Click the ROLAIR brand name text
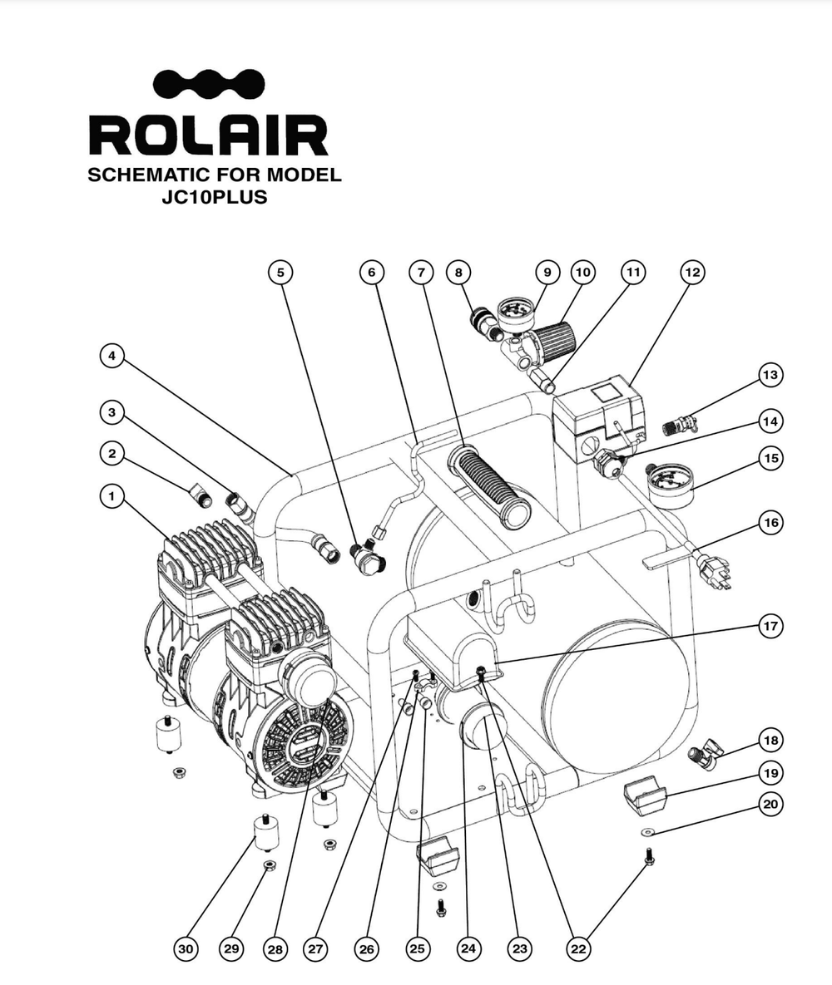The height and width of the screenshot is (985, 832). pyautogui.click(x=208, y=136)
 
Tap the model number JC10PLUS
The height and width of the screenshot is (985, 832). pyautogui.click(x=215, y=198)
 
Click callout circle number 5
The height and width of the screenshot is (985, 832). pyautogui.click(x=280, y=272)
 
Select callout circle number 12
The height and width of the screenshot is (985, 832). pyautogui.click(x=691, y=272)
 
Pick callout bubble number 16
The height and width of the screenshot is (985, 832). pyautogui.click(x=770, y=523)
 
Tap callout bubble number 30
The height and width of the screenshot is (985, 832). pyautogui.click(x=186, y=948)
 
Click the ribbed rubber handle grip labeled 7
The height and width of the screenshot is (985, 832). pyautogui.click(x=490, y=487)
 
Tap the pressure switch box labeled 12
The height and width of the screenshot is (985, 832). pyautogui.click(x=601, y=419)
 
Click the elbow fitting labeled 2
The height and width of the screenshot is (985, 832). pyautogui.click(x=201, y=497)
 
